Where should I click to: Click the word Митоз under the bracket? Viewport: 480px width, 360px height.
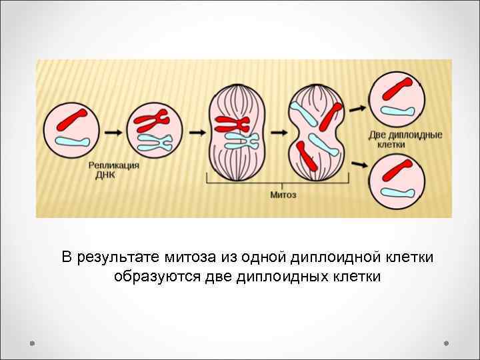[283, 195]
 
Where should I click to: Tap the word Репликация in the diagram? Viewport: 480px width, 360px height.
[114, 166]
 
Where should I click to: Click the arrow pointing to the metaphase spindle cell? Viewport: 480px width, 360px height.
[197, 133]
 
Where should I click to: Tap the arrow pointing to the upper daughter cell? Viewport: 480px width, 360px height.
[357, 107]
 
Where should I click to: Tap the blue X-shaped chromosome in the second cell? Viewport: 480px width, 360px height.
[155, 141]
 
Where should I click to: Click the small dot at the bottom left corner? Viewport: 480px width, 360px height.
[32, 343]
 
